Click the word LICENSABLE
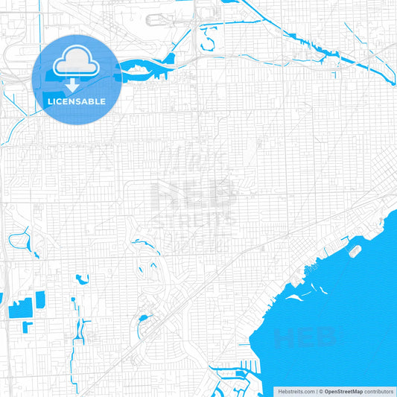tap(76, 101)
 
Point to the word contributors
tap(380, 391)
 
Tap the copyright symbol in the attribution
tap(320, 391)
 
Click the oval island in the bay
tap(355, 251)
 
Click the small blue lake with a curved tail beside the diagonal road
tap(142, 322)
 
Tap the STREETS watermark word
tap(193, 220)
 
